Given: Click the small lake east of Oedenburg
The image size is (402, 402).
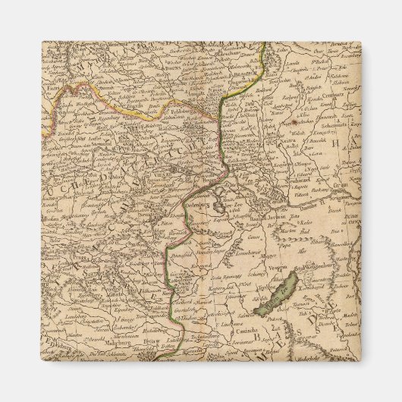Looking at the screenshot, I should pyautogui.click(x=219, y=206).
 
